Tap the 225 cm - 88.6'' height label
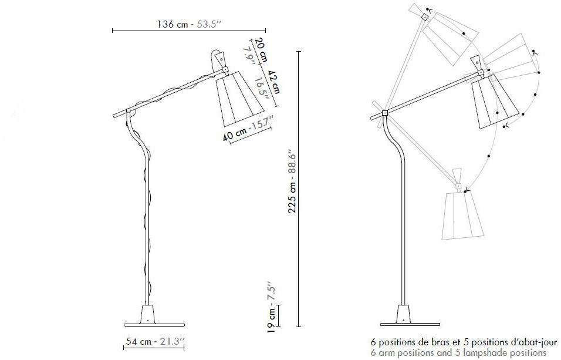tap(293, 181)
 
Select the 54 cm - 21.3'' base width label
tap(154, 341)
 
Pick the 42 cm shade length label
tap(273, 81)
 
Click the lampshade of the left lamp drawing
tap(239, 98)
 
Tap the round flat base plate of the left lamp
tap(154, 325)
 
